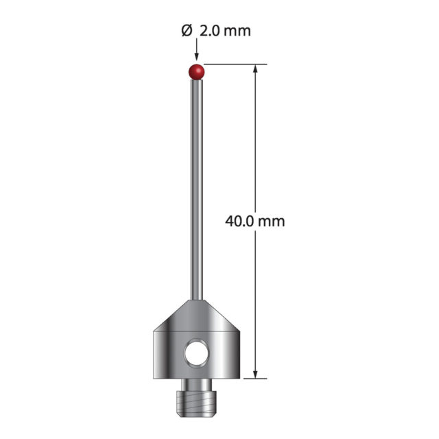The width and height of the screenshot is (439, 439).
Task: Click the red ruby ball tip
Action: [x=197, y=71]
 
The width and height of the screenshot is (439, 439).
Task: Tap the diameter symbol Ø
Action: [x=187, y=30]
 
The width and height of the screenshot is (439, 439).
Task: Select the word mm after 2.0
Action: [x=237, y=32]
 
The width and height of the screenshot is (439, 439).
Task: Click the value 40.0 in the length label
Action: [x=239, y=221]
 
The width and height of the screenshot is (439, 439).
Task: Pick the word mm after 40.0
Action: [x=272, y=222]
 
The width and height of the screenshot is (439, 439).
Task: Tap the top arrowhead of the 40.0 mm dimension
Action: [x=255, y=69]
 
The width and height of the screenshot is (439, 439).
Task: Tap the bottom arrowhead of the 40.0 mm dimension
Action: [x=255, y=374]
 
